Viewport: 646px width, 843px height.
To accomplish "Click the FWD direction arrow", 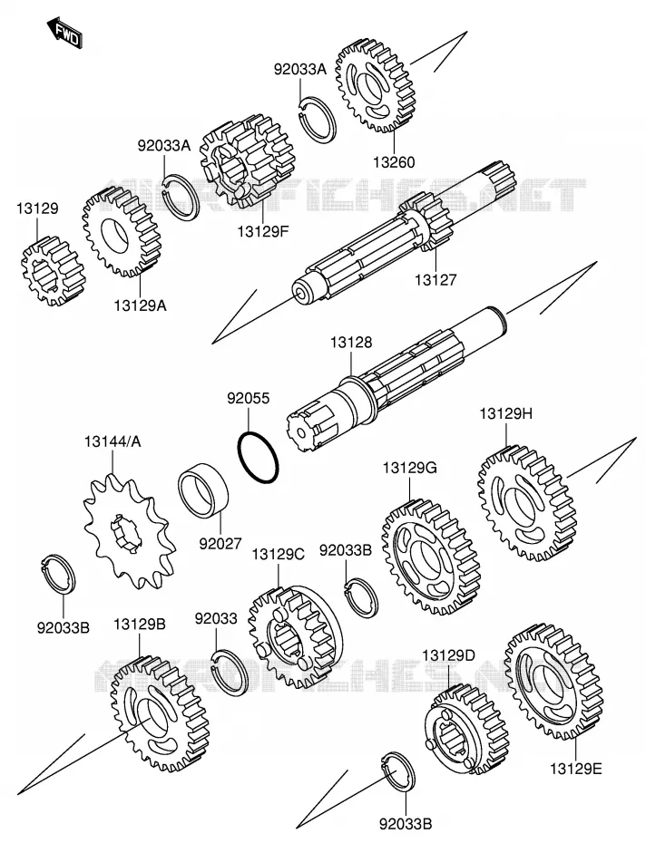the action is click(x=64, y=33).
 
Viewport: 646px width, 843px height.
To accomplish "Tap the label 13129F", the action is click(x=263, y=232).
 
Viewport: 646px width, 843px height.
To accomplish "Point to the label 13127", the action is click(x=435, y=279).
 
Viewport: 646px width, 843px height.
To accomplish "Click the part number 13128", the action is click(x=351, y=342).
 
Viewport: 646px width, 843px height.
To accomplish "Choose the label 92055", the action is click(x=249, y=398).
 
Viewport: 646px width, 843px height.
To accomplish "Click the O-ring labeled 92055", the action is click(x=259, y=457).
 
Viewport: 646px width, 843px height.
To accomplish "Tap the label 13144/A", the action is click(x=113, y=442).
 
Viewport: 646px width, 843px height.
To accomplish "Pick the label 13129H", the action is click(x=506, y=414).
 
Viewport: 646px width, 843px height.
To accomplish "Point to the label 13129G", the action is click(x=410, y=468).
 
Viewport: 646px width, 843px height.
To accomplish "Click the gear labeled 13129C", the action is click(x=296, y=638).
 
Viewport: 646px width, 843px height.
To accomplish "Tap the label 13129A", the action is click(x=140, y=305).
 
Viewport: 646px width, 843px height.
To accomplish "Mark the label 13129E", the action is click(x=576, y=769).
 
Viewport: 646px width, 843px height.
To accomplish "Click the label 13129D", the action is click(x=448, y=655).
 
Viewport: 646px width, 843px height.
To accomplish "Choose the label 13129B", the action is click(x=140, y=625).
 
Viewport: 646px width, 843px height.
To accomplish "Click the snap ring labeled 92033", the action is click(x=230, y=671).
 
